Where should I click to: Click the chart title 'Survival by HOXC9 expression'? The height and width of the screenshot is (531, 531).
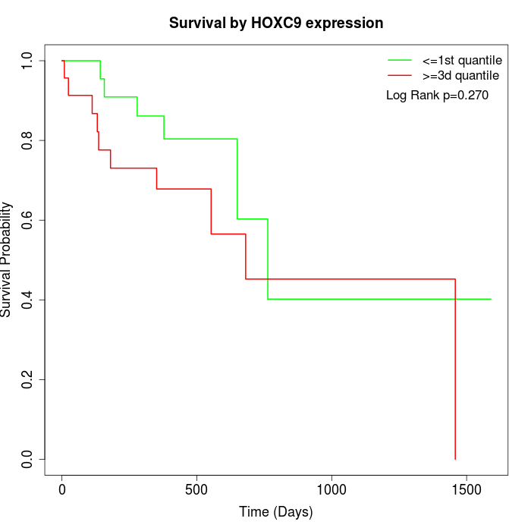tap(275, 23)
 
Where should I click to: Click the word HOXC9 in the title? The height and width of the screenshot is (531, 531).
tap(286, 23)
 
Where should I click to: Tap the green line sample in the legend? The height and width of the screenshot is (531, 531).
tap(400, 60)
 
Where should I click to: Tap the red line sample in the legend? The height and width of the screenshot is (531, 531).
tap(400, 75)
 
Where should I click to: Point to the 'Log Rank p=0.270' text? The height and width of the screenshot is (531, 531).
tap(437, 96)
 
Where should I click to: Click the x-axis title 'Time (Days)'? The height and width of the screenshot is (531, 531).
tap(275, 512)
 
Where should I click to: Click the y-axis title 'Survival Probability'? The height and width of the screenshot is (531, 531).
tap(7, 259)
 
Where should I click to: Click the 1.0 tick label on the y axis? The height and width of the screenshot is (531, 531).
tap(28, 61)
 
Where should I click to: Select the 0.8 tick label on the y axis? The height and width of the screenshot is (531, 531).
tap(28, 140)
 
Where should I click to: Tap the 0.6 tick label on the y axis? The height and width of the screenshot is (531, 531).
tap(28, 220)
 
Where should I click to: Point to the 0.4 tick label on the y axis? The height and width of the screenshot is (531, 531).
tap(28, 300)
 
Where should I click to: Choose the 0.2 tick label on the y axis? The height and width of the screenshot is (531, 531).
tap(28, 379)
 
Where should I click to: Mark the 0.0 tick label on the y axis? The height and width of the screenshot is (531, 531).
tap(28, 459)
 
